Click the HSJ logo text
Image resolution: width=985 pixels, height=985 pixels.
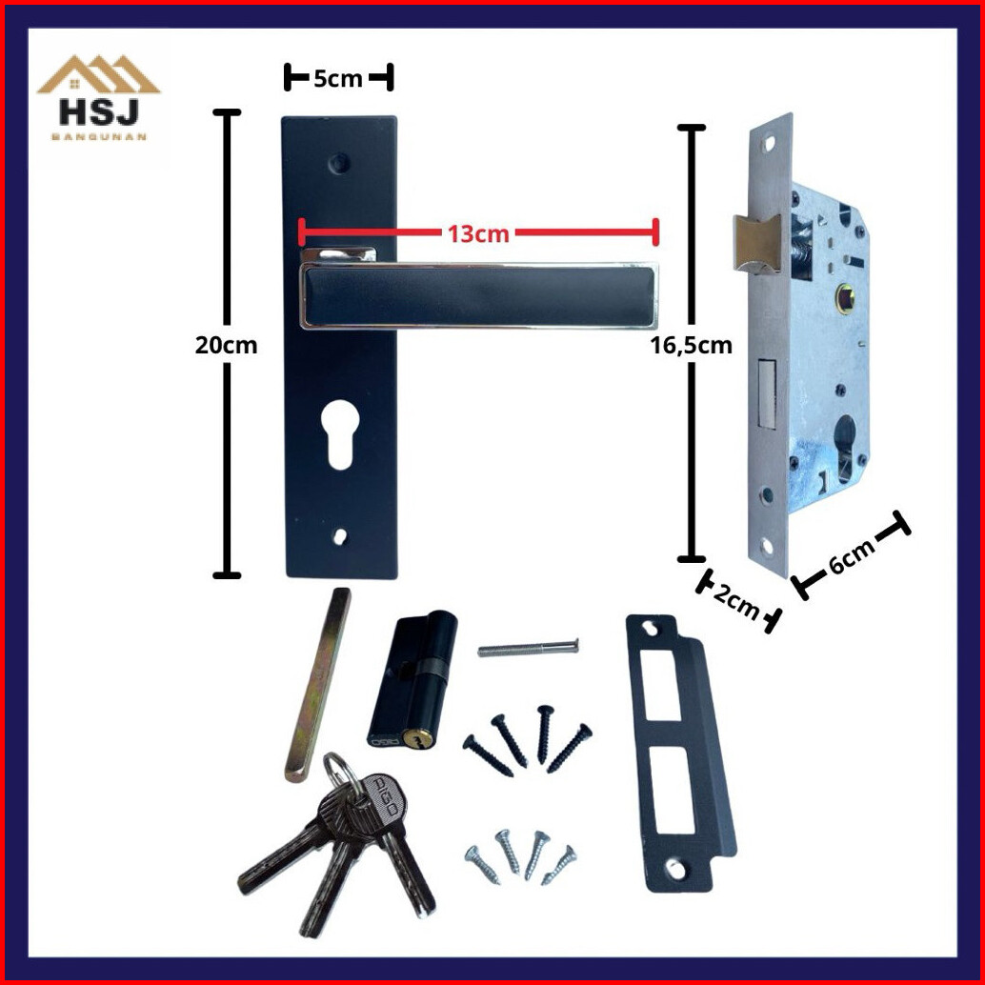(99, 113)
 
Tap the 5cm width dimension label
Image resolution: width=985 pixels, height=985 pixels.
(338, 78)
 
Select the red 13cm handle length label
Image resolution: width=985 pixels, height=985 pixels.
(478, 233)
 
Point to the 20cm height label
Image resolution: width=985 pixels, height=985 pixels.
(226, 345)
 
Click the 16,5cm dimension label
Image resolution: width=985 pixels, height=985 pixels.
(691, 345)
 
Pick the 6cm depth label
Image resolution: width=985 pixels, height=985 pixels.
(852, 556)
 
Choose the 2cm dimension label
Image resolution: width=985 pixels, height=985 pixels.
(737, 600)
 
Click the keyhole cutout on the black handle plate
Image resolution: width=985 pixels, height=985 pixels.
(339, 434)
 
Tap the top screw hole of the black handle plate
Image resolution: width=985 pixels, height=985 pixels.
(339, 163)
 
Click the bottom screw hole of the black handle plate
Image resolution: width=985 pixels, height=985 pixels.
(340, 536)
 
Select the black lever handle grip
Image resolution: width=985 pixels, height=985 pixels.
(479, 296)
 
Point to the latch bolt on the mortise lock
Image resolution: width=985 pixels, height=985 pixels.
(756, 244)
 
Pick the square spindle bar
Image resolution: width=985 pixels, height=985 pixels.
(316, 684)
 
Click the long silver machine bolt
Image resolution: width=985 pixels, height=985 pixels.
(528, 648)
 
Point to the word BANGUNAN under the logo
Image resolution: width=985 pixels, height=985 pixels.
(99, 137)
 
